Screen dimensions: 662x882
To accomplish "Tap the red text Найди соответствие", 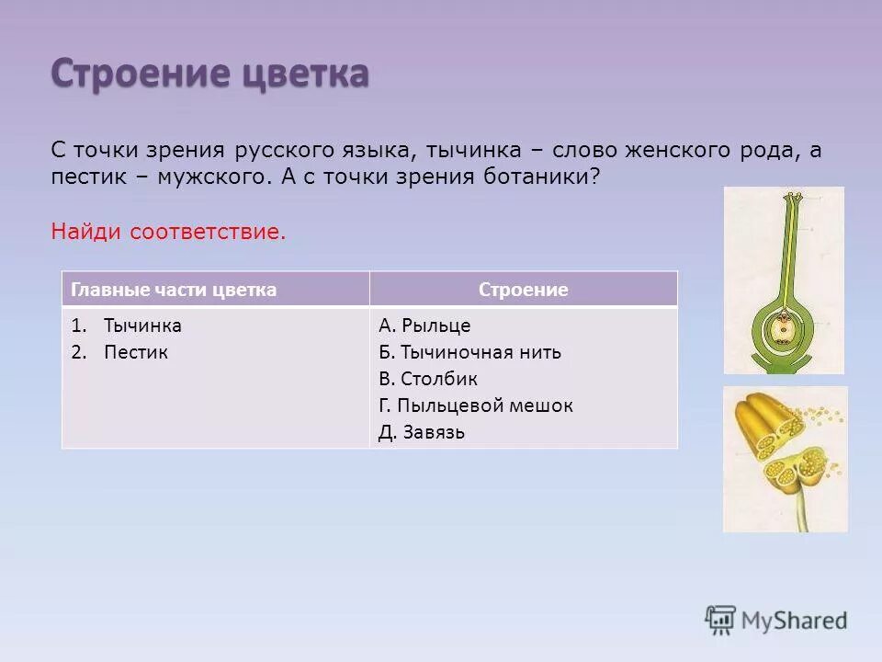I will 168,232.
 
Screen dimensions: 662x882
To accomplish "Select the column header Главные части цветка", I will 174,290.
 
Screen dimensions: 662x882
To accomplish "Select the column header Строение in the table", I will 523,290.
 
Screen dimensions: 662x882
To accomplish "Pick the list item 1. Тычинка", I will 127,325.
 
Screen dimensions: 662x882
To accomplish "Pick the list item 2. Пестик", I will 120,352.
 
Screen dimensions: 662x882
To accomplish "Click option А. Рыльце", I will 424,325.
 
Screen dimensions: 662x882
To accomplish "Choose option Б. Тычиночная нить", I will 469,352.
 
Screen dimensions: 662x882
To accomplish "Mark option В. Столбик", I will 427,379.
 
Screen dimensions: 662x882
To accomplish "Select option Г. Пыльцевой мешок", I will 475,405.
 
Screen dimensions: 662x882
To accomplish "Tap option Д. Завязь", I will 421,432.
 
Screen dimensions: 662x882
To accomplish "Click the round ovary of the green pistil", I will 783,328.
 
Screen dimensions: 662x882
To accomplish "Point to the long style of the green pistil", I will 783,248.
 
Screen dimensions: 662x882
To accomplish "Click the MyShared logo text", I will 795,621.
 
